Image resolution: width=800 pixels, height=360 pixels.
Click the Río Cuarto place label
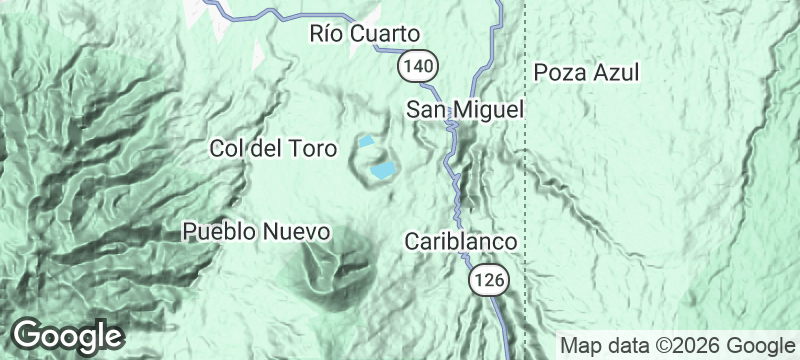(364, 35)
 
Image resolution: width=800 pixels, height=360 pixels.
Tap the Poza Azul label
(586, 73)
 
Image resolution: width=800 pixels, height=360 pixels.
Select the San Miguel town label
(465, 109)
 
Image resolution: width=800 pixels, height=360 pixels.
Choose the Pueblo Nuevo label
(256, 232)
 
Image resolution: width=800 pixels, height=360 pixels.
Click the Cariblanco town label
(460, 242)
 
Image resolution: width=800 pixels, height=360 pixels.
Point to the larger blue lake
(383, 171)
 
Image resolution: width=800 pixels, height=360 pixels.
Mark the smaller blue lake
(368, 141)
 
